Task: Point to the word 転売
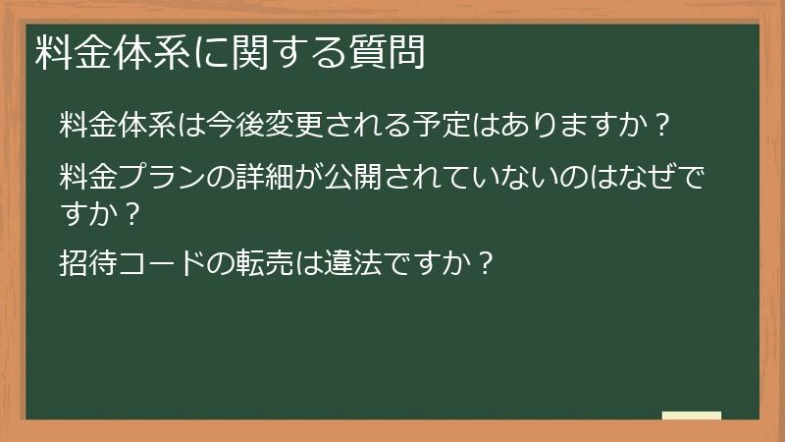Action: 245,262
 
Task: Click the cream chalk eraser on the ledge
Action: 691,415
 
